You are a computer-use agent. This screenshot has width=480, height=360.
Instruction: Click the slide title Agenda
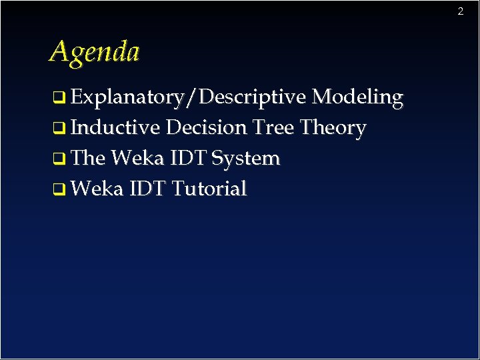pos(94,51)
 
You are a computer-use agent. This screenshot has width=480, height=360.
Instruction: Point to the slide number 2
pos(460,11)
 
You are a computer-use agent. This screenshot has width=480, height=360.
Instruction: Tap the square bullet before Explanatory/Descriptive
pos(59,99)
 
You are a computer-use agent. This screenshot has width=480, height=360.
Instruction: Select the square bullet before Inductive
pos(59,129)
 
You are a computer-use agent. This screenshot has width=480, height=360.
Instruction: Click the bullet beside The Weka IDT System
pos(59,160)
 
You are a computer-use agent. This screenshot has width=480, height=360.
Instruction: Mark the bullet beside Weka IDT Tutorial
pos(59,191)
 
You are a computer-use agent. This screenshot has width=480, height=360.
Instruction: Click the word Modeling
pos(357,98)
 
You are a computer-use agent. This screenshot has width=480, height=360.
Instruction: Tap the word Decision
pos(207,127)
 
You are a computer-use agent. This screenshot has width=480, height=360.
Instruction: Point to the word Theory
pos(333,127)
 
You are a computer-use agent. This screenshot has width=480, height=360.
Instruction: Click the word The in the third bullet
pos(87,158)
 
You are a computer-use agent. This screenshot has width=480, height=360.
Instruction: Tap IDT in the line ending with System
pos(189,158)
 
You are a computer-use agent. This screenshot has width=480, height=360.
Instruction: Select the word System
pos(246,158)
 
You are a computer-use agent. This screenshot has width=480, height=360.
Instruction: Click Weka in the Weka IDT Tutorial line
pos(97,189)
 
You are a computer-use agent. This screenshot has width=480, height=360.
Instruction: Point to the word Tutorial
pos(209,189)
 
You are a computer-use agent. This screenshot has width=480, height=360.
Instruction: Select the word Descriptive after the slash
pos(252,98)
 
